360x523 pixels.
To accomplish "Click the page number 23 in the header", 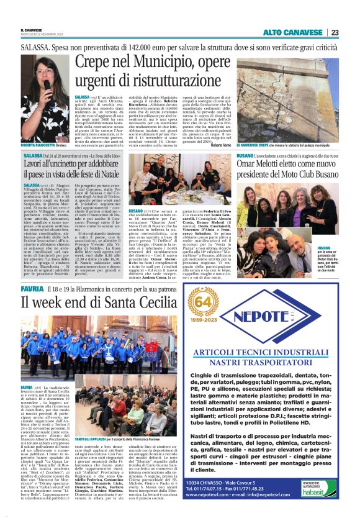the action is point(335,32).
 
